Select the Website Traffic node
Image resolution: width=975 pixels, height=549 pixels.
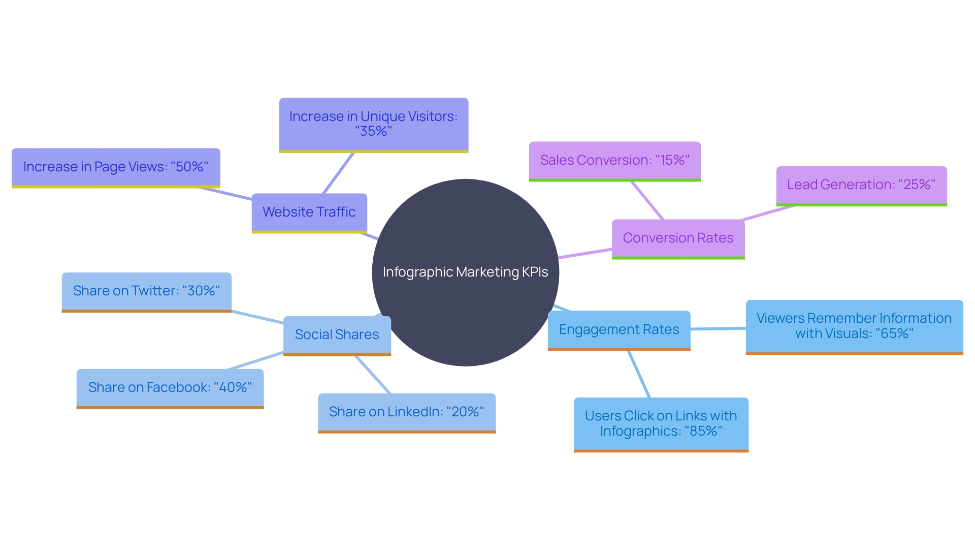point(309,212)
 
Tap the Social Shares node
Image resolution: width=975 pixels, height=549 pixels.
point(337,334)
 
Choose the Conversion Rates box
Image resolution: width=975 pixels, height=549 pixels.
point(678,238)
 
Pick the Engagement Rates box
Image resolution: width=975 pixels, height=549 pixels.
point(619,329)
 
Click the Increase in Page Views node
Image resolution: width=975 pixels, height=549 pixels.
point(116,167)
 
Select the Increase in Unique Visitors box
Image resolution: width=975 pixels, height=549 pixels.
point(373,124)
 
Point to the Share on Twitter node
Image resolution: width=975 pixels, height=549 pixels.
point(146,291)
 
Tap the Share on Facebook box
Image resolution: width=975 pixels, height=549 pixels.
point(170,387)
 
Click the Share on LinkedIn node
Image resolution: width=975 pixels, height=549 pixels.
point(406,412)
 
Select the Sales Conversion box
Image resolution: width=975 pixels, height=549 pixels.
point(614,160)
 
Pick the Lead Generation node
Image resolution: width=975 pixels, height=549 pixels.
point(861,185)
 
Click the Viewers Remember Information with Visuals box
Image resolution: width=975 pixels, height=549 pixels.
point(854,326)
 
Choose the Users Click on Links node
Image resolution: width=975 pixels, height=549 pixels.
point(661,423)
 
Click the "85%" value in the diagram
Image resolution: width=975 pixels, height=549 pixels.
point(703,431)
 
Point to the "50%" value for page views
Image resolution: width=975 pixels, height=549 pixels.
point(189,167)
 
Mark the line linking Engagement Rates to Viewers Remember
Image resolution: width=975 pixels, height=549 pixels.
point(718,329)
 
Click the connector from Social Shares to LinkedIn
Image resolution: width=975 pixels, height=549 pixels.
point(373,375)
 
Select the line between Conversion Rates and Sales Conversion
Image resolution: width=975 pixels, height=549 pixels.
point(647,201)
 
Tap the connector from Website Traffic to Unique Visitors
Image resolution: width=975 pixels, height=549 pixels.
point(338,173)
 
